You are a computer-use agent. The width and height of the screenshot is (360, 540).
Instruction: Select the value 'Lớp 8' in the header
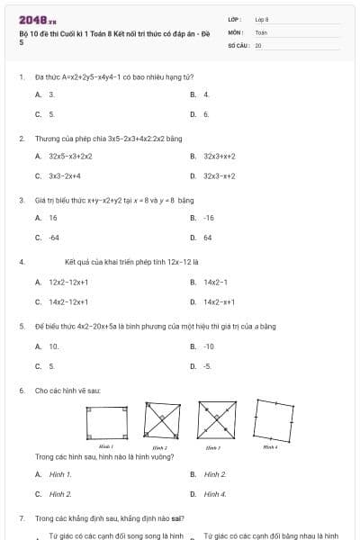click(x=262, y=19)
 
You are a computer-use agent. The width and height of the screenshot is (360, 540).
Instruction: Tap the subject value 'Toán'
click(x=261, y=31)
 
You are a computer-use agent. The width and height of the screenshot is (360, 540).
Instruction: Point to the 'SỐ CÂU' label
click(x=238, y=44)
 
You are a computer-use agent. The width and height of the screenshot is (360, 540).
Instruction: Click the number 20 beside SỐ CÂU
click(x=258, y=44)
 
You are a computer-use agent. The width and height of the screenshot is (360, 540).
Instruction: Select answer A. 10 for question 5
click(x=48, y=346)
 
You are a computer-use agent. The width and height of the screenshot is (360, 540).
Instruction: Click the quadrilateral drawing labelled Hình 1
click(x=105, y=422)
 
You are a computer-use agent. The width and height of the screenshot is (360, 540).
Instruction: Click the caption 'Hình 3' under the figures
click(x=213, y=447)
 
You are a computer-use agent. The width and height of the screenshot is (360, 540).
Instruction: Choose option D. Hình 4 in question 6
click(x=208, y=494)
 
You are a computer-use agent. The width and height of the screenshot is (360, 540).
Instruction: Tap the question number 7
click(x=21, y=519)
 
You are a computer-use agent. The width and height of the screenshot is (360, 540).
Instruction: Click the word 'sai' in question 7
click(x=177, y=519)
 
